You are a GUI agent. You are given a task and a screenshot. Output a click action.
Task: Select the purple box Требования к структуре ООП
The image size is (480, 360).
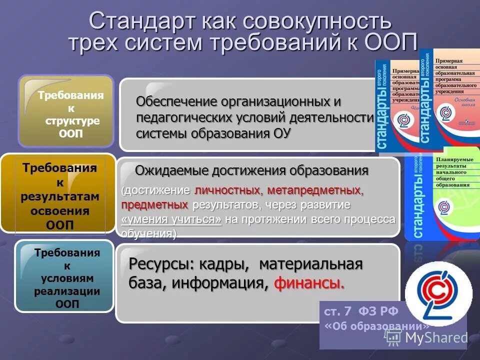pos(66,111)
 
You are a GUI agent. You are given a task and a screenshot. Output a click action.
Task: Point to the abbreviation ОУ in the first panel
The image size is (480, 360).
pos(281,133)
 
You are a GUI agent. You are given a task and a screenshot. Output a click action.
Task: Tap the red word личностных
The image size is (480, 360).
pos(227,190)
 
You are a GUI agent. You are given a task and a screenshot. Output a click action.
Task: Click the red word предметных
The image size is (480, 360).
pos(154,205)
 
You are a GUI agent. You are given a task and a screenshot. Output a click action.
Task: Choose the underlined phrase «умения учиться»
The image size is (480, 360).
pos(171,219)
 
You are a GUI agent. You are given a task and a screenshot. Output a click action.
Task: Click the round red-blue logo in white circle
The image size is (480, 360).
pos(437,293)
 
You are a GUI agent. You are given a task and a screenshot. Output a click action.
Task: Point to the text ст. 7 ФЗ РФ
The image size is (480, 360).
pos(361,311)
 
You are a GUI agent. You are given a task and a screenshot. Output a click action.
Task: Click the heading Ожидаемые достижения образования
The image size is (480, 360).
pos(251,171)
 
